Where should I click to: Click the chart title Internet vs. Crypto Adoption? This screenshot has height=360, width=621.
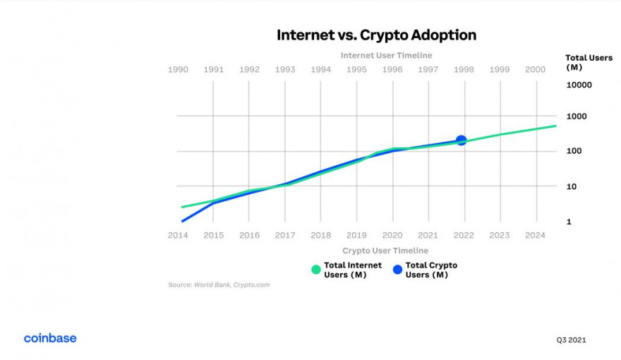coord(376,35)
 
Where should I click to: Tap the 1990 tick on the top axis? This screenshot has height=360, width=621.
coord(178,69)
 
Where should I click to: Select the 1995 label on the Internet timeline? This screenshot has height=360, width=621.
coord(356,69)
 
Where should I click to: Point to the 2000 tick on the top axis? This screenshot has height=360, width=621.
coord(536,69)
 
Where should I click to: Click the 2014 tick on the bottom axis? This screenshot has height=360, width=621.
coord(178,235)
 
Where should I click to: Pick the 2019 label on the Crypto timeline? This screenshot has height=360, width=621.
coord(356,235)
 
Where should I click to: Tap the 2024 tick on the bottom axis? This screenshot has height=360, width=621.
coord(536,235)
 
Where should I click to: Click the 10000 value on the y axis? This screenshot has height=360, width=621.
coord(579,85)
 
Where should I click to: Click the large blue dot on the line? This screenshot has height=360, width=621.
coord(462,140)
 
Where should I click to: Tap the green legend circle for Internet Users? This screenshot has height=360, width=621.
coord(316,270)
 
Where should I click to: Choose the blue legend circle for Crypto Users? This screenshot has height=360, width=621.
coord(397,270)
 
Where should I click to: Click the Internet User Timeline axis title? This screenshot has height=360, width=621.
coord(386,55)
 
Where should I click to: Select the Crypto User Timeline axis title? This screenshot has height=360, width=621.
coord(385,251)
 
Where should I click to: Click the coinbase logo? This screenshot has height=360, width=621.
coord(50,338)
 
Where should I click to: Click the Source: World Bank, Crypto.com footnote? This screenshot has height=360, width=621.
coord(219,285)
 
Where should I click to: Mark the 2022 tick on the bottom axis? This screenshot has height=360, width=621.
coord(464,235)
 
